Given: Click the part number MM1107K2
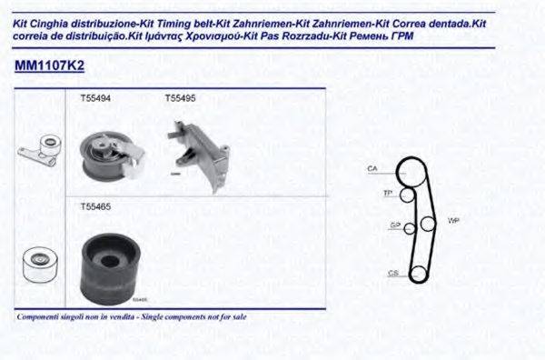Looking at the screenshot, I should (50, 66).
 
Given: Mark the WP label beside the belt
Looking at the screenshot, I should (454, 221).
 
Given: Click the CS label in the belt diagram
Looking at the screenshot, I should (392, 272).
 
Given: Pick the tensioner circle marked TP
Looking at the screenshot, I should (408, 195).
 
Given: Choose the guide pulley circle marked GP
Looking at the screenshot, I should (411, 227).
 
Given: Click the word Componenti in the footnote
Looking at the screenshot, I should (38, 317).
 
